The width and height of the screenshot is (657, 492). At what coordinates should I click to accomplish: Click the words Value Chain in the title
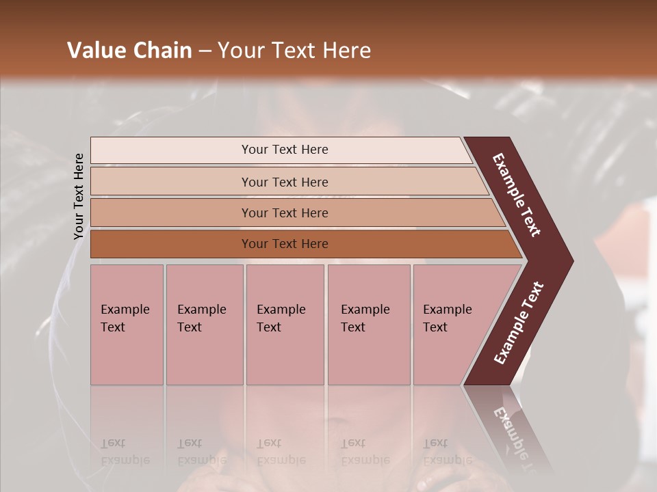[129, 51]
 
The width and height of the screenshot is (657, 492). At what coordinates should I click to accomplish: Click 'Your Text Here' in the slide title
[294, 51]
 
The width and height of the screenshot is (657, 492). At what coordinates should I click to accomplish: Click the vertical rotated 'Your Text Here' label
[79, 196]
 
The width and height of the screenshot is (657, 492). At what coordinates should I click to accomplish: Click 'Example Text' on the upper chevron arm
[517, 195]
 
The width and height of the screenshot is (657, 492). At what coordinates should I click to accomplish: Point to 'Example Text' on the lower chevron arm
[519, 323]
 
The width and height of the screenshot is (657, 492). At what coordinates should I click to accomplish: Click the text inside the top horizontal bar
[285, 150]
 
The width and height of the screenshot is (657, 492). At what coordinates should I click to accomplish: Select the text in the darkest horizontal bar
[285, 244]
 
